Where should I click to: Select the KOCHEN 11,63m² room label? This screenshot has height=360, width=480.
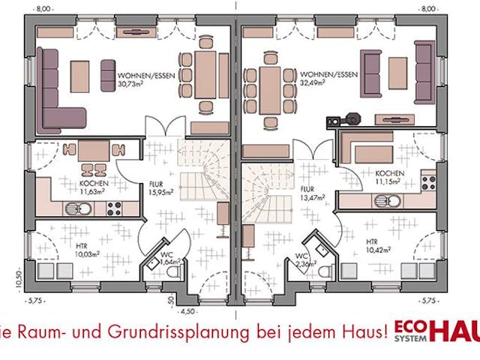(94, 187)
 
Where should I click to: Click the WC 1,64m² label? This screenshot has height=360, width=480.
(167, 259)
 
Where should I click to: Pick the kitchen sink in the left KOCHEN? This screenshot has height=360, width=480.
(84, 209)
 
